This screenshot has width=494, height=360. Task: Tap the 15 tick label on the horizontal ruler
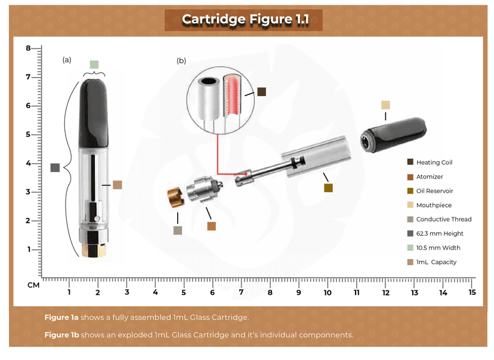pos(472,293)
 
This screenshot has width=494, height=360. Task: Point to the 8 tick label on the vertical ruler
pos(28,48)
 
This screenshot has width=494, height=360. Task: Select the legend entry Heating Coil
pos(434,162)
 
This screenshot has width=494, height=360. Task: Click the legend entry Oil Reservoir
pos(434,191)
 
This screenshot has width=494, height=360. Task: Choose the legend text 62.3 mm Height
pos(439,233)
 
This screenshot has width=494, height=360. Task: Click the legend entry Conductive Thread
pos(443,219)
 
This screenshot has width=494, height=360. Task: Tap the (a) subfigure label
pos(67,60)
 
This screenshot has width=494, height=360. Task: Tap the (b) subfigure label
pos(181,61)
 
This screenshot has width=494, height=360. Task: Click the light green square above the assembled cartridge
pos(94,64)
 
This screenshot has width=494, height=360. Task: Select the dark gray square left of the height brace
pos(55,168)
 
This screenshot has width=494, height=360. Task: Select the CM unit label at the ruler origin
pos(33,285)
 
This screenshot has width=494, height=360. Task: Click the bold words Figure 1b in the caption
pos(61,335)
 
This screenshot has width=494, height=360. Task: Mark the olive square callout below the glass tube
pos(328,188)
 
